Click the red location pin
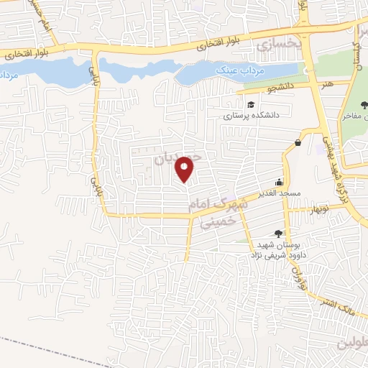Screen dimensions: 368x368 [x=185, y=167]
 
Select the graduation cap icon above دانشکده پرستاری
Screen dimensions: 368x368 [x=251, y=106]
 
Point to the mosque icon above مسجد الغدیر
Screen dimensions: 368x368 [x=280, y=182]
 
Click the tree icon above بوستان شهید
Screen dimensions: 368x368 [x=277, y=233]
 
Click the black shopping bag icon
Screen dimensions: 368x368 [x=298, y=142]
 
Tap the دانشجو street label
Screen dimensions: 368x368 [x=263, y=89]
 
